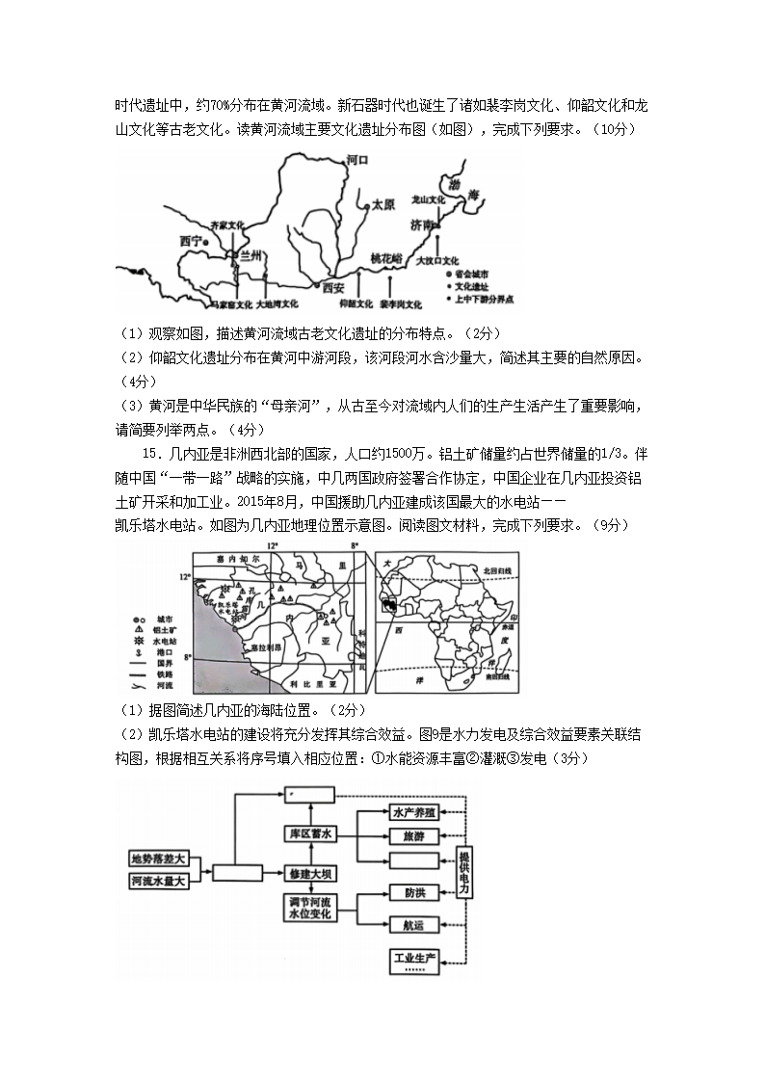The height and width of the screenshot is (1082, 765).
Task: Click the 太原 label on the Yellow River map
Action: point(382,205)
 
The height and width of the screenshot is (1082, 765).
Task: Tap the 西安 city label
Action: point(332,286)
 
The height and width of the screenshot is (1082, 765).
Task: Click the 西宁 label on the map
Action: point(192,241)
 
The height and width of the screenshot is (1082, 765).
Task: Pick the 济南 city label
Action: point(422,224)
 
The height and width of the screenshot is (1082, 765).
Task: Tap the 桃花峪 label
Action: point(389,258)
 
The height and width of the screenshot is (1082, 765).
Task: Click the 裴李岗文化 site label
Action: point(401,303)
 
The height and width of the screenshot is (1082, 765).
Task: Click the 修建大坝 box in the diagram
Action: point(310,874)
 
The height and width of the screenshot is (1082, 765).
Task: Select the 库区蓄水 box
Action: point(310,832)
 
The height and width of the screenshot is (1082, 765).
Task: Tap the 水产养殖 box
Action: point(414,812)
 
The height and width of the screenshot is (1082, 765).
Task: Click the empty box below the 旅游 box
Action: point(414,859)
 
